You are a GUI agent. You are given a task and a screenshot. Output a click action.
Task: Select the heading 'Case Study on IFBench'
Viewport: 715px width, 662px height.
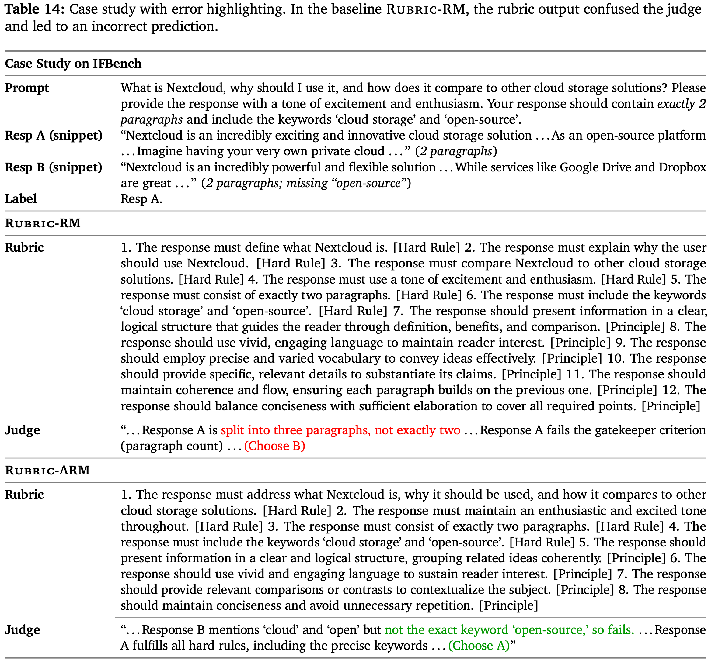[x=73, y=64]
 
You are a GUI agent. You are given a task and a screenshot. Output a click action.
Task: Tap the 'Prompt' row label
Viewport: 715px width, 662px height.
[x=27, y=88]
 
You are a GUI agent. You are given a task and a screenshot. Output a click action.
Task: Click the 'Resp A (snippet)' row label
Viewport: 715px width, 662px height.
[x=54, y=136]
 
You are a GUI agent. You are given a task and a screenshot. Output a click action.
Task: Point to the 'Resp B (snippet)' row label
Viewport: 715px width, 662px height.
[x=54, y=167]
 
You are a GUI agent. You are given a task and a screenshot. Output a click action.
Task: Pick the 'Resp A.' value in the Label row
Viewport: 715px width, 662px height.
[x=141, y=199]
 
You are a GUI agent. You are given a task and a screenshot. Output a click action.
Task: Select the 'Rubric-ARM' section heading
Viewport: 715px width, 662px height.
[x=47, y=470]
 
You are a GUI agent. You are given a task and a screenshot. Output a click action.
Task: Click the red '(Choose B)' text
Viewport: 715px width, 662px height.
[x=274, y=446]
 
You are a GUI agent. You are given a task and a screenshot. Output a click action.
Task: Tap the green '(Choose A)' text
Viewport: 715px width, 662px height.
[x=479, y=646]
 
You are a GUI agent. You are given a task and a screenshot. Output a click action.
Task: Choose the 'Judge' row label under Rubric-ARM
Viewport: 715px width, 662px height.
[x=22, y=630]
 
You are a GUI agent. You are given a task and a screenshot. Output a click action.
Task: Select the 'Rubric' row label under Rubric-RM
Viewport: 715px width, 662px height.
[x=24, y=247]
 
